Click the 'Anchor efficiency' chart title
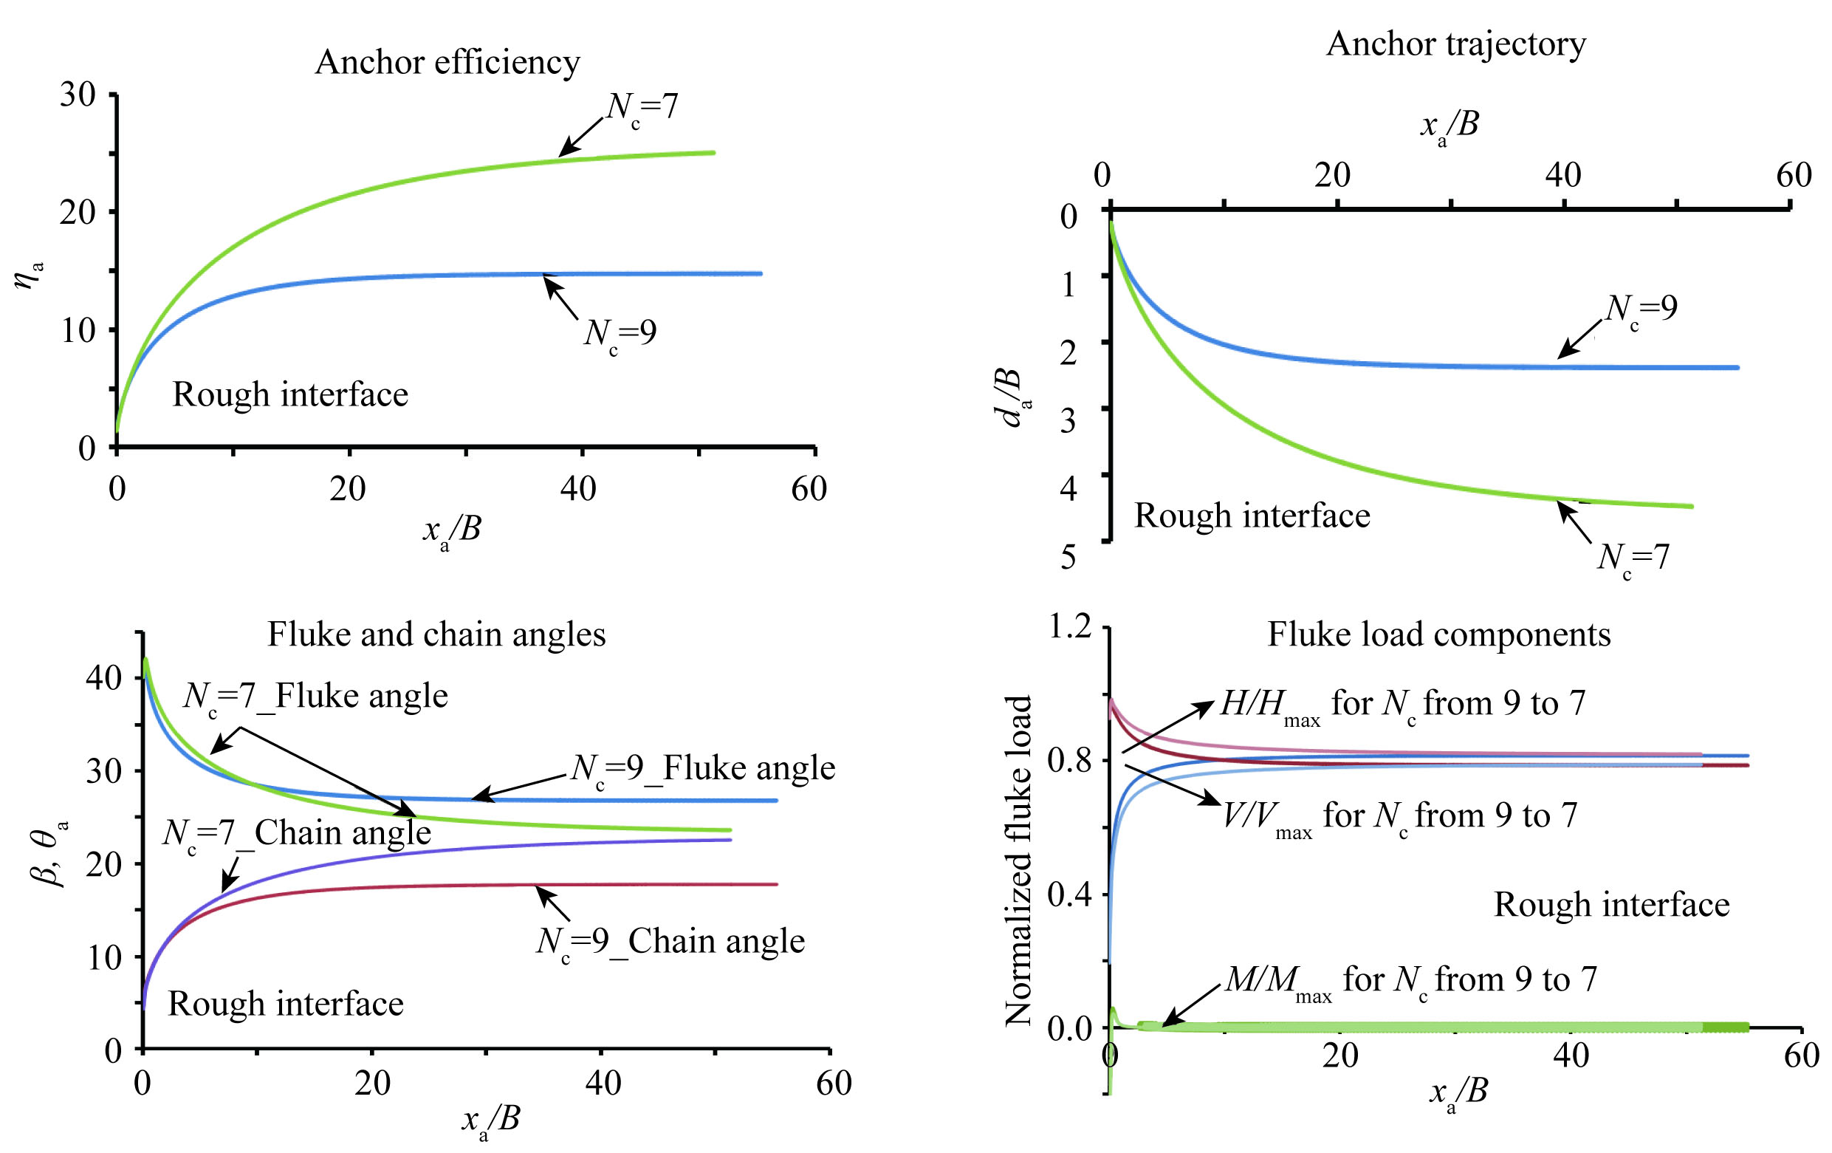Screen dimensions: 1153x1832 pyautogui.click(x=447, y=62)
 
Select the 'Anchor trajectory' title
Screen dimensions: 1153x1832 pyautogui.click(x=1455, y=44)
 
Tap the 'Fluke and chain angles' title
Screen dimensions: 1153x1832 pyautogui.click(x=436, y=634)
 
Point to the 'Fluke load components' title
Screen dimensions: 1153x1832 pyautogui.click(x=1438, y=634)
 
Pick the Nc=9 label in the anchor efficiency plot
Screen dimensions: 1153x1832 pyautogui.click(x=620, y=333)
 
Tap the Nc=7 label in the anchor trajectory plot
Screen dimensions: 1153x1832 pyautogui.click(x=1633, y=558)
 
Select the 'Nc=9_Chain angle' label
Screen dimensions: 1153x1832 pyautogui.click(x=670, y=942)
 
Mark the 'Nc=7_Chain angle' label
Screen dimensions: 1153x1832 pyautogui.click(x=297, y=834)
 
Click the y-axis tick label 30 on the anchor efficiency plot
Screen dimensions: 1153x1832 pyautogui.click(x=78, y=95)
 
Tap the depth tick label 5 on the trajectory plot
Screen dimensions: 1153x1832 pyautogui.click(x=1068, y=558)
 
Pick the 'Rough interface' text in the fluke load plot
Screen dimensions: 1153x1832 pyautogui.click(x=1611, y=905)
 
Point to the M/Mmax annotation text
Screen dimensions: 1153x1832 pyautogui.click(x=1410, y=980)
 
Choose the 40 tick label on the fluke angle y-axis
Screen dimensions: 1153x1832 pyautogui.click(x=104, y=677)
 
